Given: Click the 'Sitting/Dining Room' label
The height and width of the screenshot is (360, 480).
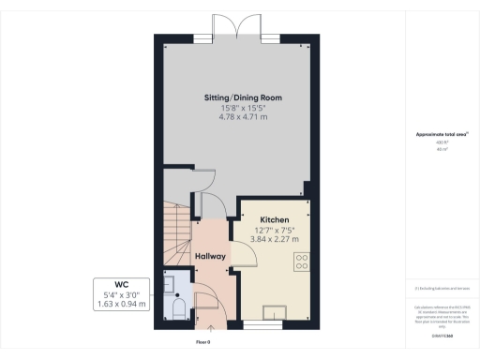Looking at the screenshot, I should point(243,97).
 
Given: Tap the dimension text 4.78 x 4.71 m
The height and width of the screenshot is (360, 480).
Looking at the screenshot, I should point(243,119).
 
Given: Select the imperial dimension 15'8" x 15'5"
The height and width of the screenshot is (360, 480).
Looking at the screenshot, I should point(243,109).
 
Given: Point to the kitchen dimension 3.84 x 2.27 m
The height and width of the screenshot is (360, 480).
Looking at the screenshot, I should point(275,241).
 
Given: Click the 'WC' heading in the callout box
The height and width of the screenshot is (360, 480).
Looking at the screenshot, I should point(121,283).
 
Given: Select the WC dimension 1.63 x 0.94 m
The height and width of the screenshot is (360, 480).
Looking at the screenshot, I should point(121,305).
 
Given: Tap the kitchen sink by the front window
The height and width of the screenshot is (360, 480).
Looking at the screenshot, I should point(276,313).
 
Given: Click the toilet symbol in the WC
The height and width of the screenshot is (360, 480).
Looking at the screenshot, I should point(179,308).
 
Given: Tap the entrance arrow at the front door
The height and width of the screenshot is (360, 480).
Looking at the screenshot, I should point(210,327).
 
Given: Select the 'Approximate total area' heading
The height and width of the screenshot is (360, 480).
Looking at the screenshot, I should point(442,134).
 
